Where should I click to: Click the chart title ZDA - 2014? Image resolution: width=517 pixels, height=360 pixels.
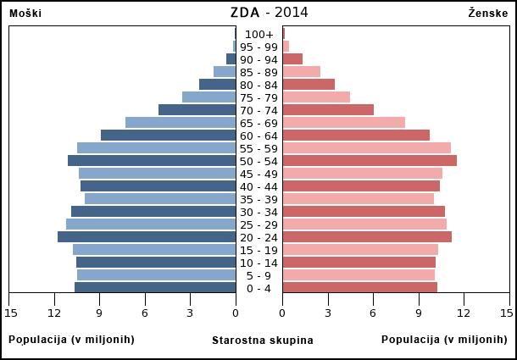pos(269,13)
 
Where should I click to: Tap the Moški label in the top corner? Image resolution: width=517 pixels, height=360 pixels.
pos(25,14)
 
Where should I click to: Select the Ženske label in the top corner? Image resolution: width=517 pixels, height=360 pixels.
pos(487,14)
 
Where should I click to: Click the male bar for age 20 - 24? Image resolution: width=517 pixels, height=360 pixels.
pos(147,237)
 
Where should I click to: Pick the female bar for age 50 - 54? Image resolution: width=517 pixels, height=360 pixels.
pos(370,161)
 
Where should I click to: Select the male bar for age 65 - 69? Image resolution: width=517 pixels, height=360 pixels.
pos(181,123)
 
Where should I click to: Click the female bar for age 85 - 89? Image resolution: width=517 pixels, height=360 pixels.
pos(301,72)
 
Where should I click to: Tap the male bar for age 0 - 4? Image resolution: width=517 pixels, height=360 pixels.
pos(155,288)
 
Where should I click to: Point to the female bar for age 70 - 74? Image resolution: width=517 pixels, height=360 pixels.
pos(328,110)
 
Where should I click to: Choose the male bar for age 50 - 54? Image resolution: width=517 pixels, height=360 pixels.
pos(152,161)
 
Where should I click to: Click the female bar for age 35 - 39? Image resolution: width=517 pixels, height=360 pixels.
pos(358,199)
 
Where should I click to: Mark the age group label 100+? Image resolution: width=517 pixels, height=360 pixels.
pos(259,34)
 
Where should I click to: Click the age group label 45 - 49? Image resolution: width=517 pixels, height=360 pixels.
pos(259,174)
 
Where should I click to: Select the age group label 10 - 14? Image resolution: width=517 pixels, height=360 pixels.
pos(259,263)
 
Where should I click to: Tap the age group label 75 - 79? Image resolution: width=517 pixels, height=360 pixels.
pos(259,97)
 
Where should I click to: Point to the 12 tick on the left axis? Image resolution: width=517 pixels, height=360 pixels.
pos(55,313)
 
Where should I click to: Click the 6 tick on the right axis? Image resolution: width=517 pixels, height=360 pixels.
pos(373,313)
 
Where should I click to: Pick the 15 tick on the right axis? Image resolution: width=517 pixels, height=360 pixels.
pos(506,313)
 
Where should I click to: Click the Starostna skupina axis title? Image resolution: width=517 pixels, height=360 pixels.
pos(262,341)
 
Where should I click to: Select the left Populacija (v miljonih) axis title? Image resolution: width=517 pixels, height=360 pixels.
pos(71,340)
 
